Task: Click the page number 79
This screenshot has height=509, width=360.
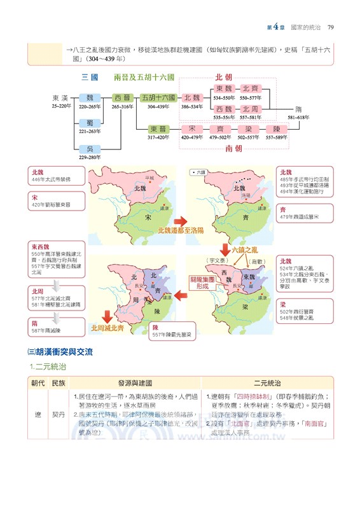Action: (x=331, y=27)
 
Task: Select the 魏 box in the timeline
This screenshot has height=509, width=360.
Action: (x=90, y=98)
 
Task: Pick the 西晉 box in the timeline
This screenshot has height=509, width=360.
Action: (x=122, y=98)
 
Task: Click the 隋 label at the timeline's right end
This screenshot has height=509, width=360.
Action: (x=298, y=109)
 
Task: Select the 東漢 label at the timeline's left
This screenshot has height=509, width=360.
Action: (x=60, y=98)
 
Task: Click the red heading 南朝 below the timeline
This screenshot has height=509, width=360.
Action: (x=233, y=148)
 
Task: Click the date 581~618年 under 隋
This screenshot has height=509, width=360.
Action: (x=298, y=118)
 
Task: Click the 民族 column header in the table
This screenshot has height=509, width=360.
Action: (x=59, y=383)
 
